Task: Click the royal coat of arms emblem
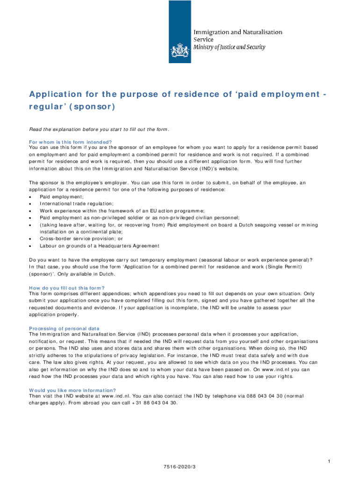click(x=180, y=49)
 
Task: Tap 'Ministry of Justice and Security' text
click(x=230, y=47)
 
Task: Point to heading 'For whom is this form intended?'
click(x=71, y=142)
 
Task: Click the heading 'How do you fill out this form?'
click(x=67, y=288)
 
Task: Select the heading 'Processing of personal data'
click(x=64, y=328)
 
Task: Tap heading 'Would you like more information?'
click(x=72, y=390)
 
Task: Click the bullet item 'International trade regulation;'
click(x=76, y=203)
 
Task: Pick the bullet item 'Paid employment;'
click(x=58, y=197)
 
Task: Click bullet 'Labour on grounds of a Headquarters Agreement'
click(x=99, y=246)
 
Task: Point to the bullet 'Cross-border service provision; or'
click(x=81, y=239)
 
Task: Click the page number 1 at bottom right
click(x=329, y=462)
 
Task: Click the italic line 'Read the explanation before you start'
click(x=99, y=130)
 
